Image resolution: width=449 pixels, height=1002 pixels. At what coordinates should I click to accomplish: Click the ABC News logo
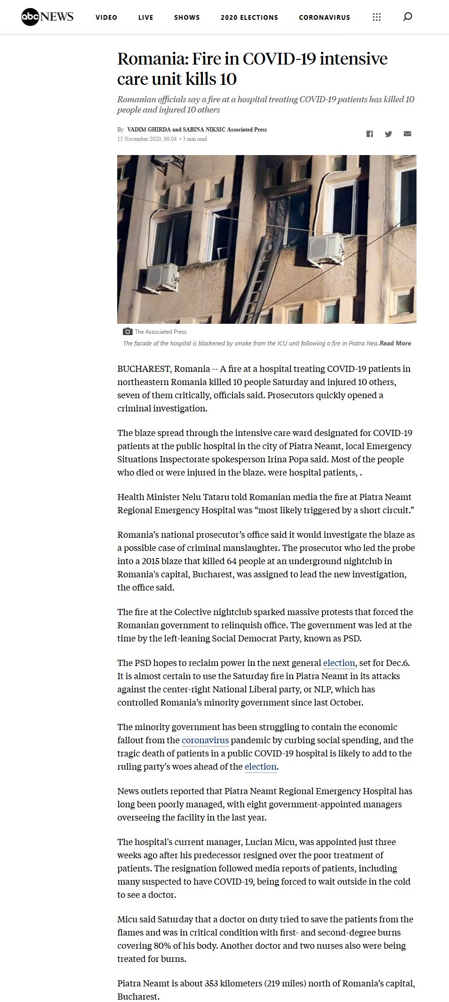[47, 17]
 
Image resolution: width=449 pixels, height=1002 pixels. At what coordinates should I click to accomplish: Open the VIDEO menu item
[106, 17]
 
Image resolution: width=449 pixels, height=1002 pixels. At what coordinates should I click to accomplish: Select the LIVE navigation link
[146, 17]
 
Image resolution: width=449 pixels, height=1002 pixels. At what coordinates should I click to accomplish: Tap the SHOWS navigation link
[187, 17]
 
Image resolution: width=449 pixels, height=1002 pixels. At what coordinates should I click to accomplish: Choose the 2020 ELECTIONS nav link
[249, 17]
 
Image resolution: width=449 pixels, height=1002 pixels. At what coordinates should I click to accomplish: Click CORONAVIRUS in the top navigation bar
[324, 17]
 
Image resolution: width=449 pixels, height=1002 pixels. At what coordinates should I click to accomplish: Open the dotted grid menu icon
[377, 17]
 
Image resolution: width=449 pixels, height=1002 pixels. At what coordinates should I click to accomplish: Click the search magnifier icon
[408, 17]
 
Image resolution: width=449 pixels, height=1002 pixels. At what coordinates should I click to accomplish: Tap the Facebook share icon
[369, 134]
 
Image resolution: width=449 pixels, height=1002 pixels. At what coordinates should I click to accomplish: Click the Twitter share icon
[388, 134]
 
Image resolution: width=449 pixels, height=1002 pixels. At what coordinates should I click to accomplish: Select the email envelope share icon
[407, 134]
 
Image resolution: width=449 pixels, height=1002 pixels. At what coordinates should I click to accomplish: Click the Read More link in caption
[395, 344]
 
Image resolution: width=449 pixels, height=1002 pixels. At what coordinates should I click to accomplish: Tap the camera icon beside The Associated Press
[127, 331]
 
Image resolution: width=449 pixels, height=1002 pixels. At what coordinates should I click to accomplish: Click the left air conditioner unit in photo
[161, 277]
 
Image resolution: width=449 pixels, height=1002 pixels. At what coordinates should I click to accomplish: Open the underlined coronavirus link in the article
[205, 740]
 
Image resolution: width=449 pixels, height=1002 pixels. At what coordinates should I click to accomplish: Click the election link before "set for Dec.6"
[339, 663]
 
